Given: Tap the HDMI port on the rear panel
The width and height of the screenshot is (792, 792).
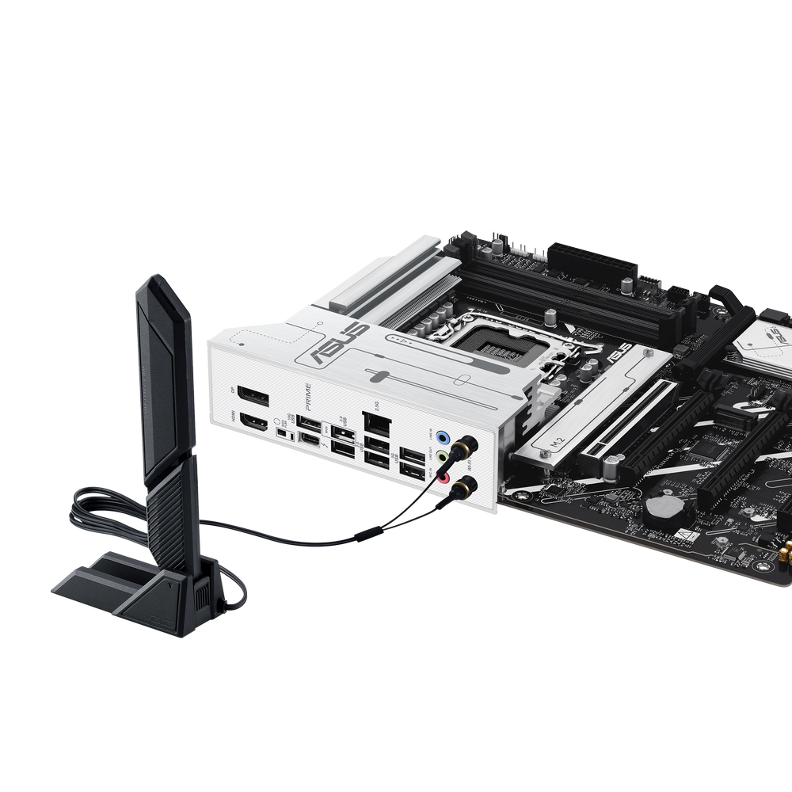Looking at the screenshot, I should point(253,424).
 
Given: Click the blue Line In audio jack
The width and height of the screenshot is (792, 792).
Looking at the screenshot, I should point(447,436).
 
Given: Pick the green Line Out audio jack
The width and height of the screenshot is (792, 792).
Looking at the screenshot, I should point(447,457).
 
